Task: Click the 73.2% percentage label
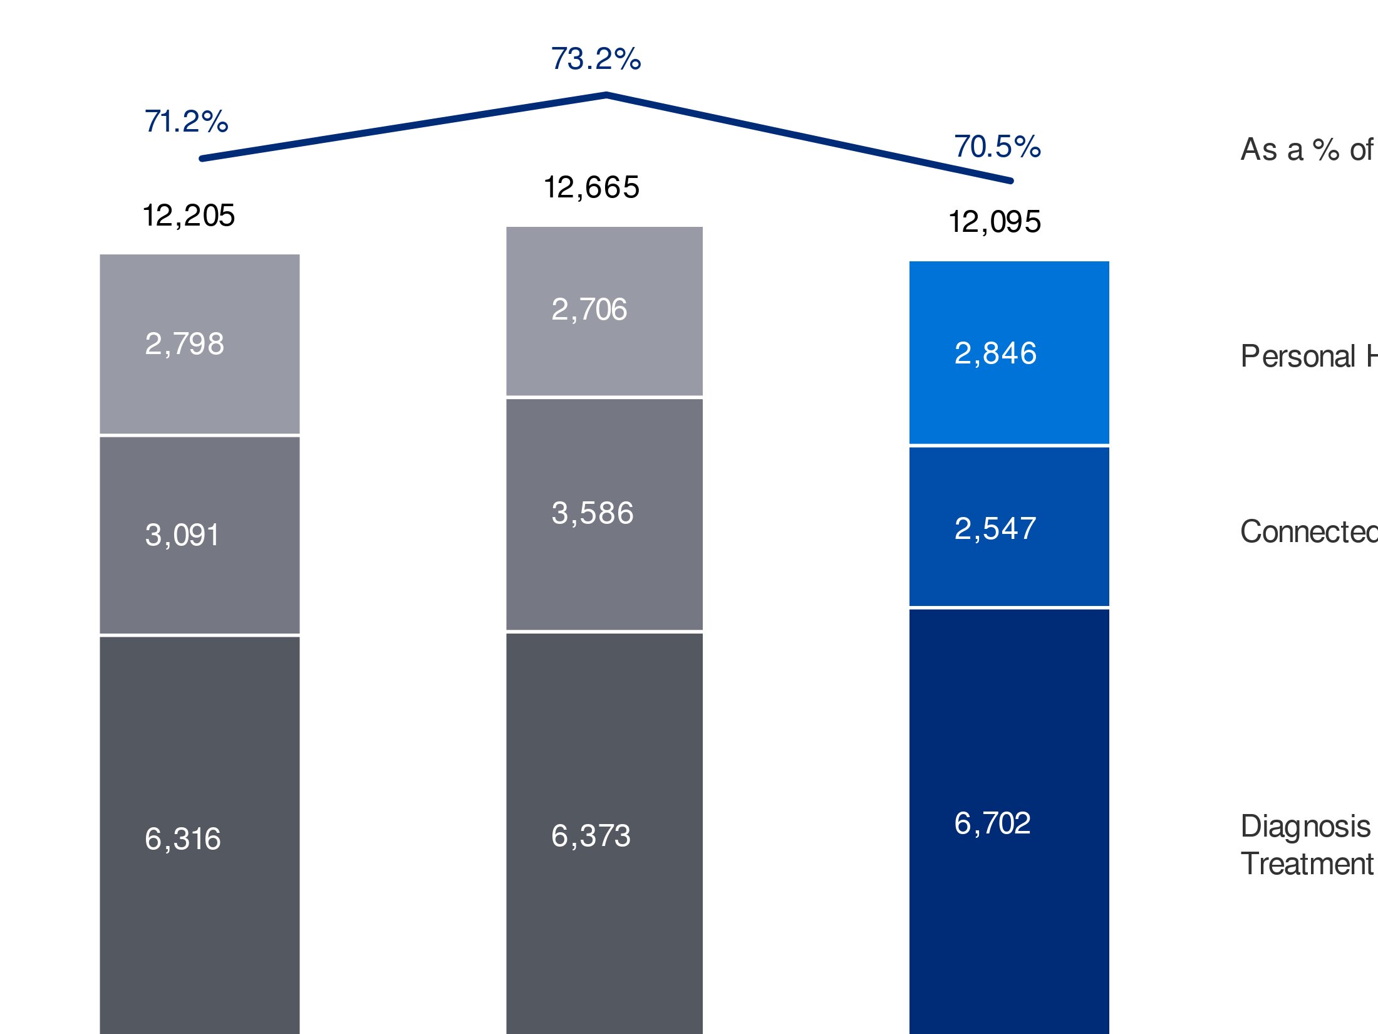pos(596,59)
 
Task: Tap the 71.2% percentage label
pos(186,122)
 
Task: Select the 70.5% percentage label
pos(997,147)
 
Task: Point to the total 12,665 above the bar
pos(591,187)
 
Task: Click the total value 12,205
pos(189,216)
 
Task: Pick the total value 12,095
pos(995,222)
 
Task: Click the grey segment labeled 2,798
pos(200,344)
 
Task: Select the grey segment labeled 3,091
pos(200,535)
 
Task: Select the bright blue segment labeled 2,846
pos(1008,353)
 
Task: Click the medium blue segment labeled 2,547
pos(1008,528)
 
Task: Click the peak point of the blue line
pos(606,95)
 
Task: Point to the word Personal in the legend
pos(1298,357)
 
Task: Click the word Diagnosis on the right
pos(1305,827)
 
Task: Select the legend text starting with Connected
pos(1308,532)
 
